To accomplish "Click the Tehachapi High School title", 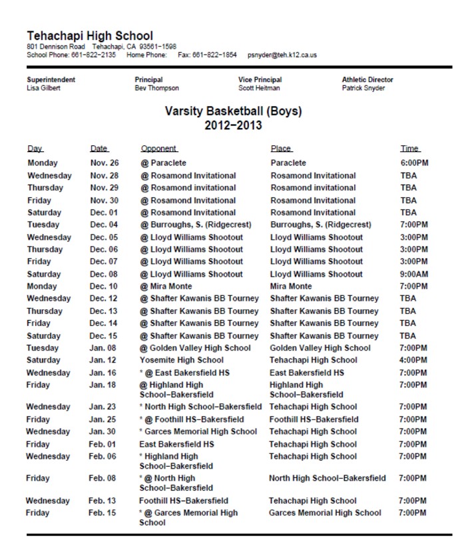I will pos(90,35).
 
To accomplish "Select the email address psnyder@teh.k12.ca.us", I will pos(282,55).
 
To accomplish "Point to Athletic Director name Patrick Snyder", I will pos(363,88).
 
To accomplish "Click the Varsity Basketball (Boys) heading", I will pos(233,111).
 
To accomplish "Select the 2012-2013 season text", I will pos(233,125).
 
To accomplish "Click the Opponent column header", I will pos(158,149).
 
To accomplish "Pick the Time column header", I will pos(410,149).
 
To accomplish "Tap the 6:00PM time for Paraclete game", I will pos(414,163).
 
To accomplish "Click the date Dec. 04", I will pos(104,225).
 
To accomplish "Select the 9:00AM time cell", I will pos(414,274).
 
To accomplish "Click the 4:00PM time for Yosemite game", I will pos(413,361).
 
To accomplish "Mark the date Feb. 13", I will pos(103,501).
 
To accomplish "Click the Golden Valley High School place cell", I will pos(320,348).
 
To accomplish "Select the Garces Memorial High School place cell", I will pos(325,513).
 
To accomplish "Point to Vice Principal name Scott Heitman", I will pos(259,88).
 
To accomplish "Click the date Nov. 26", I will pos(104,163).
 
